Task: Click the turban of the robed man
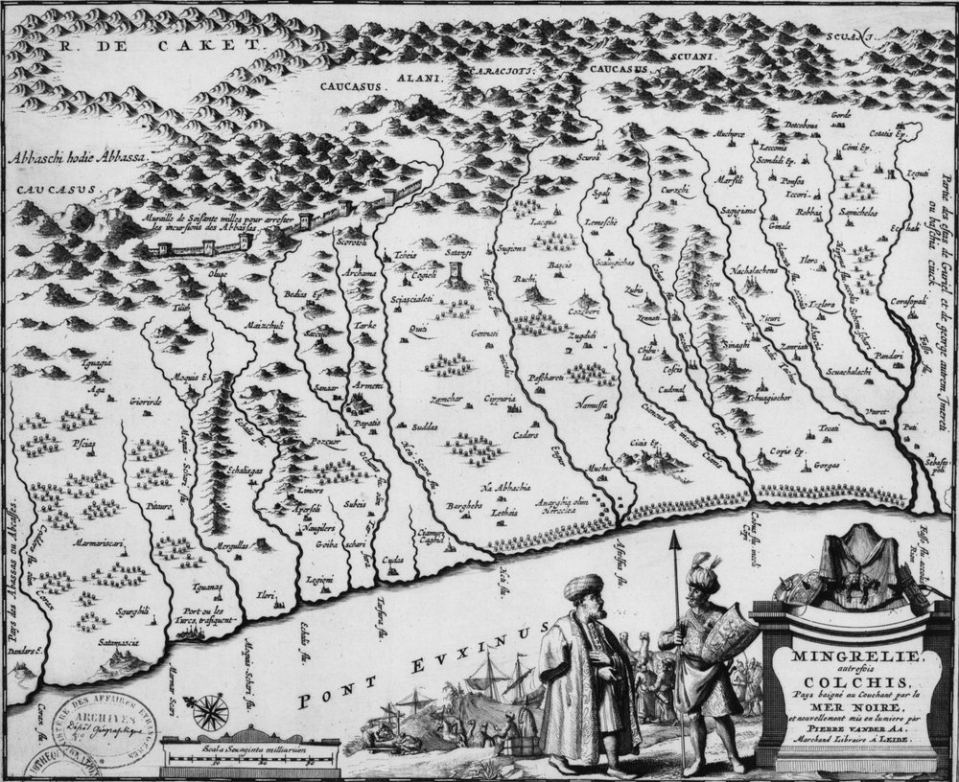(583, 586)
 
